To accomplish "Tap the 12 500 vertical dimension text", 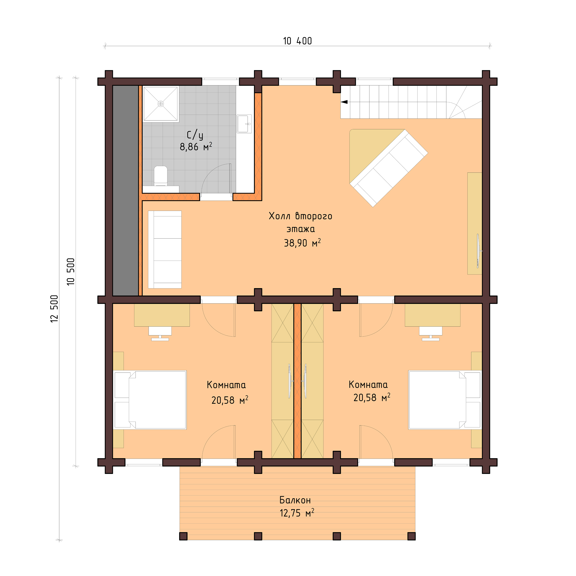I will pos(54,309).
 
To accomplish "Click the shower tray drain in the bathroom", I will pos(161,104).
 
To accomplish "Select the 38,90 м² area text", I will pos(302,243).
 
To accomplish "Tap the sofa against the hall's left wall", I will pos(165,250).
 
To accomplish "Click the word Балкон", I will pos(295,500).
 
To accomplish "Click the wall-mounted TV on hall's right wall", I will pos(478,251).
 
